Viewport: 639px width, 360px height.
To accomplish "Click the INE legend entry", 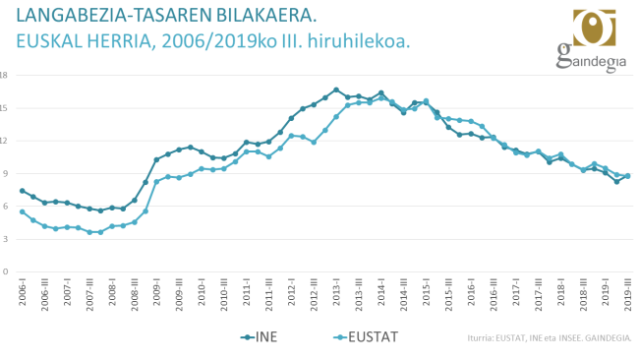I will point(263,337).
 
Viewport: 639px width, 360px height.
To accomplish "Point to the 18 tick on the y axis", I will point(4,75).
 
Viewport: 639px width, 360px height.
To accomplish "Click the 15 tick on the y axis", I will point(4,108).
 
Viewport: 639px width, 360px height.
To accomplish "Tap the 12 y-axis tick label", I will point(4,141).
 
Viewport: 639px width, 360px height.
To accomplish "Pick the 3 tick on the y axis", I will point(5,239).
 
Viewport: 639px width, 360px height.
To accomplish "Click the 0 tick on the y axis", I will point(5,271).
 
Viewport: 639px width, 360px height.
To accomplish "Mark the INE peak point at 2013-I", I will point(336,90).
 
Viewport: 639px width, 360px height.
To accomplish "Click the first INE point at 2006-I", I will point(22,191).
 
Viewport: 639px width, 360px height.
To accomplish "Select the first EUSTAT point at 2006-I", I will point(22,211).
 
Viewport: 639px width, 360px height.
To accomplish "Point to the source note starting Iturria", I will point(550,337).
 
